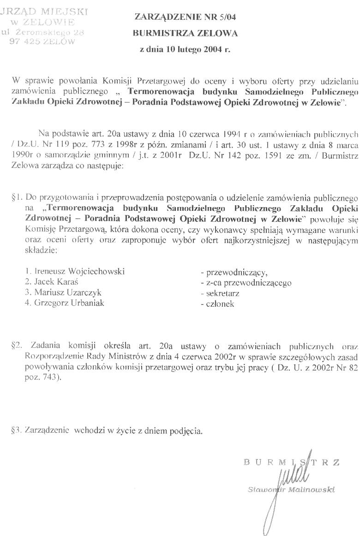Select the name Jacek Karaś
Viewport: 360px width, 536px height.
tap(55, 282)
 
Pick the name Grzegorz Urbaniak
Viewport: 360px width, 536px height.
tap(64, 303)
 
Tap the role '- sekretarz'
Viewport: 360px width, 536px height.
tap(220, 293)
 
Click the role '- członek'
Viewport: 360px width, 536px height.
tap(217, 304)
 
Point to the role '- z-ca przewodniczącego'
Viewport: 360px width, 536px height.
tap(246, 283)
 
